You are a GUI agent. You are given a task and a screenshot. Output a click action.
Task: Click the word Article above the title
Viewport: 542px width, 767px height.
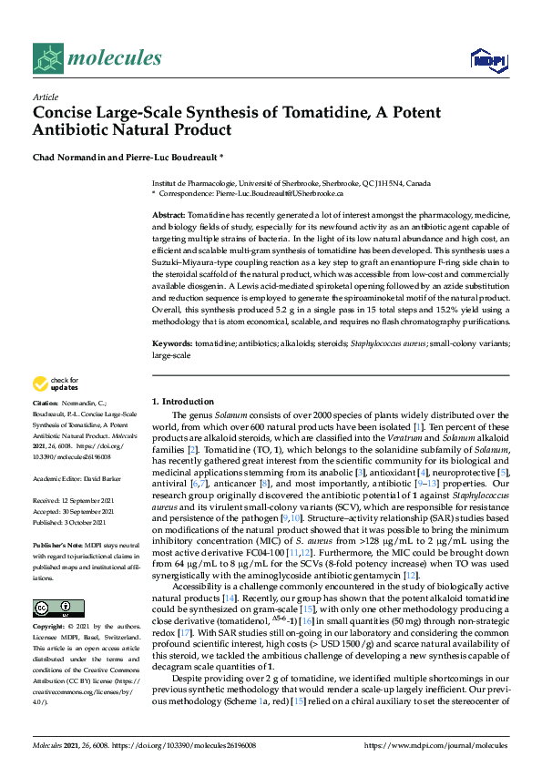pyautogui.click(x=45, y=97)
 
